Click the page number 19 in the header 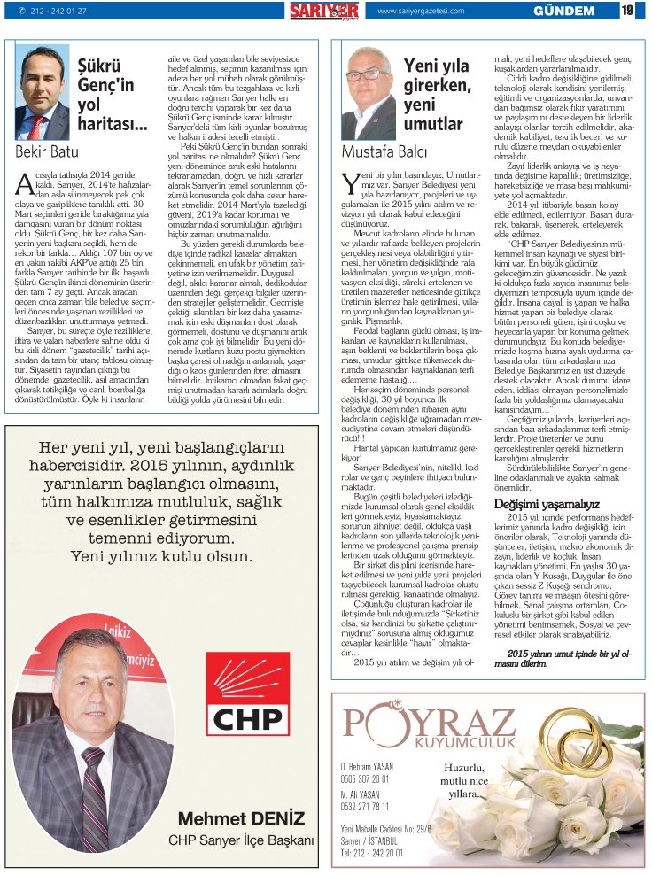pyautogui.click(x=626, y=11)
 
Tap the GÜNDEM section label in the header pyautogui.click(x=563, y=11)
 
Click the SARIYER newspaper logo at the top pyautogui.click(x=323, y=11)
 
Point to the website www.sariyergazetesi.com pyautogui.click(x=422, y=11)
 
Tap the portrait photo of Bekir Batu pyautogui.click(x=43, y=93)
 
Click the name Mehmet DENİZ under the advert pyautogui.click(x=241, y=817)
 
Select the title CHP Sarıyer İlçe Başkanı pyautogui.click(x=241, y=840)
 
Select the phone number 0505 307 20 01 pyautogui.click(x=364, y=778)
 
